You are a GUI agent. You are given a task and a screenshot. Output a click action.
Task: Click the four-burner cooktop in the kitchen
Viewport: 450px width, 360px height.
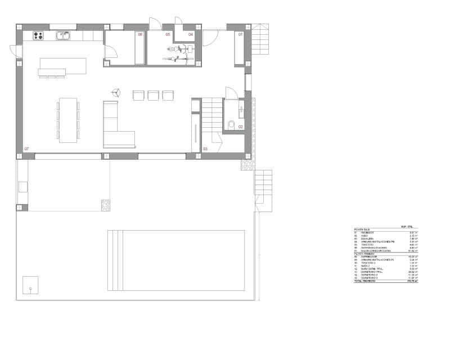(x=38, y=36)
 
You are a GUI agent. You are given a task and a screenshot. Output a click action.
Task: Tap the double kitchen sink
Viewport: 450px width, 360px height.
(x=63, y=36)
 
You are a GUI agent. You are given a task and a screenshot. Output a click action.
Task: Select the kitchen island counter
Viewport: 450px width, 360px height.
(x=62, y=66)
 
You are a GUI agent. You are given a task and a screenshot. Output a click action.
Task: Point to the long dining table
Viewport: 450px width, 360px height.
(x=68, y=120)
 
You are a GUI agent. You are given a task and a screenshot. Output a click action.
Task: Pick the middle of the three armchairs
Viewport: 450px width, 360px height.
(x=153, y=96)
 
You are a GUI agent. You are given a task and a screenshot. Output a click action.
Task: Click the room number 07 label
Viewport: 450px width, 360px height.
(x=26, y=148)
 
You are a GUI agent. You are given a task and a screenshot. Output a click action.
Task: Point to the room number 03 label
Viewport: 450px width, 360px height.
(x=205, y=148)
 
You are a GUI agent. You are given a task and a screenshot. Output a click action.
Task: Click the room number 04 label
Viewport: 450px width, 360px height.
(x=191, y=35)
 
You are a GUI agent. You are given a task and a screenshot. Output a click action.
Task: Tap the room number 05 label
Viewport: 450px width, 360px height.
(x=168, y=35)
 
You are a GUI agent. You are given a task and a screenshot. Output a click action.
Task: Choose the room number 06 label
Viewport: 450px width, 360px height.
(x=140, y=35)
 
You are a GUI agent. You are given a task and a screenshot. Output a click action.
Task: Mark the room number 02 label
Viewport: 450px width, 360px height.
(x=240, y=127)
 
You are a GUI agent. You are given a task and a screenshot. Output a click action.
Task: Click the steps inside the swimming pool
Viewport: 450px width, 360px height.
(x=115, y=260)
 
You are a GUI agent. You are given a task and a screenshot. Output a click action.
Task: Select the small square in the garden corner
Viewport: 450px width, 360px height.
(x=30, y=285)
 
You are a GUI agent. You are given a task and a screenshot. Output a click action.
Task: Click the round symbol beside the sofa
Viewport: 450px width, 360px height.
(x=116, y=92)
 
